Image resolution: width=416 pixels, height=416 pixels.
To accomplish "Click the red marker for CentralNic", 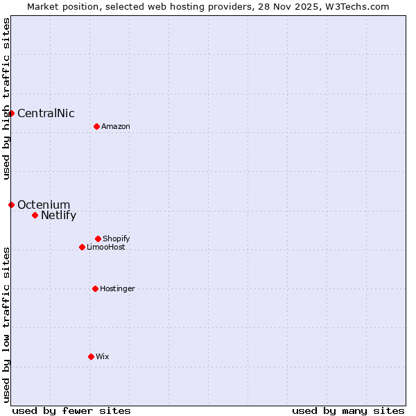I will click(11, 113).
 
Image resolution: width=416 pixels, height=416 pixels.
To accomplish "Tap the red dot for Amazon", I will click(96, 126).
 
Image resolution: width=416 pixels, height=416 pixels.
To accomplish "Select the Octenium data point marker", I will click(11, 205).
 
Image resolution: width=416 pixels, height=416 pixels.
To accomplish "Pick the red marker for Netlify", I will click(35, 215).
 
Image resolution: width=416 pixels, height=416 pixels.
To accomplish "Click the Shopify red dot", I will click(98, 239).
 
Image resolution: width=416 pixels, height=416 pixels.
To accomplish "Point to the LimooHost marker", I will click(82, 247).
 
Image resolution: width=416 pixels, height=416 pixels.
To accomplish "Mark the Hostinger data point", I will click(95, 288).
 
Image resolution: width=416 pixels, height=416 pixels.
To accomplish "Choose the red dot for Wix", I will click(91, 356).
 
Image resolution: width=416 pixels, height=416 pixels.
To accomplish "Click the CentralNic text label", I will click(46, 114).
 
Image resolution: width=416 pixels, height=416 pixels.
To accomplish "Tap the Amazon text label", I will click(116, 127).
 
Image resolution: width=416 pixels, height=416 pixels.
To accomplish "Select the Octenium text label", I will click(44, 205).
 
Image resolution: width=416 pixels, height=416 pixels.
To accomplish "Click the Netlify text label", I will click(58, 216).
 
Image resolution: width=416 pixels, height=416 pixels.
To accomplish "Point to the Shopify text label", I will click(116, 239).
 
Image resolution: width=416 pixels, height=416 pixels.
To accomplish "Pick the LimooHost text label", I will click(106, 248).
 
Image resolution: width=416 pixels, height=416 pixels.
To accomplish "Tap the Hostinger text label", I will click(117, 289).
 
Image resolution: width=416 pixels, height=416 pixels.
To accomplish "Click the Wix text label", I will click(103, 357).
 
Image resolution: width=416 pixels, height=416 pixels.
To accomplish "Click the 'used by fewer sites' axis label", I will click(71, 410).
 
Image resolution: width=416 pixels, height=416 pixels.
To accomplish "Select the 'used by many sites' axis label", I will click(348, 410).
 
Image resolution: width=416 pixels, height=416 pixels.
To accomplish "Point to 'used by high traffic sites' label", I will click(6, 98).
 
